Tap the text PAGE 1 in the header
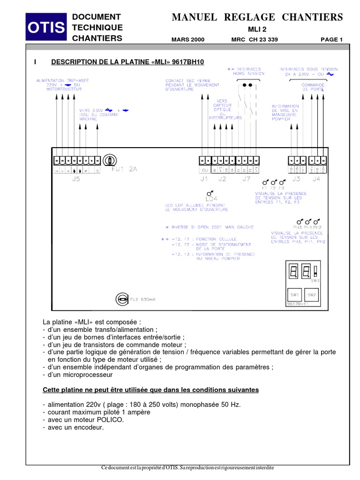pos(331,39)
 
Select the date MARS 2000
pos(187,39)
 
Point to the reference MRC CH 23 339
pos(255,39)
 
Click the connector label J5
pos(76,179)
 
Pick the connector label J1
pos(204,179)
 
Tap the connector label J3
pos(296,179)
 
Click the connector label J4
pos(316,179)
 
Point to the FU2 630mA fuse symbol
pos(123,299)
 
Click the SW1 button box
pos(294,295)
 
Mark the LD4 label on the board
pos(211,199)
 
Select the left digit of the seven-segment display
pos(293,271)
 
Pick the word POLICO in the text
pos(110,420)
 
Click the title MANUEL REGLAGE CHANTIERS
pos(257,18)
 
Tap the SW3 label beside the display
pos(315,280)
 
